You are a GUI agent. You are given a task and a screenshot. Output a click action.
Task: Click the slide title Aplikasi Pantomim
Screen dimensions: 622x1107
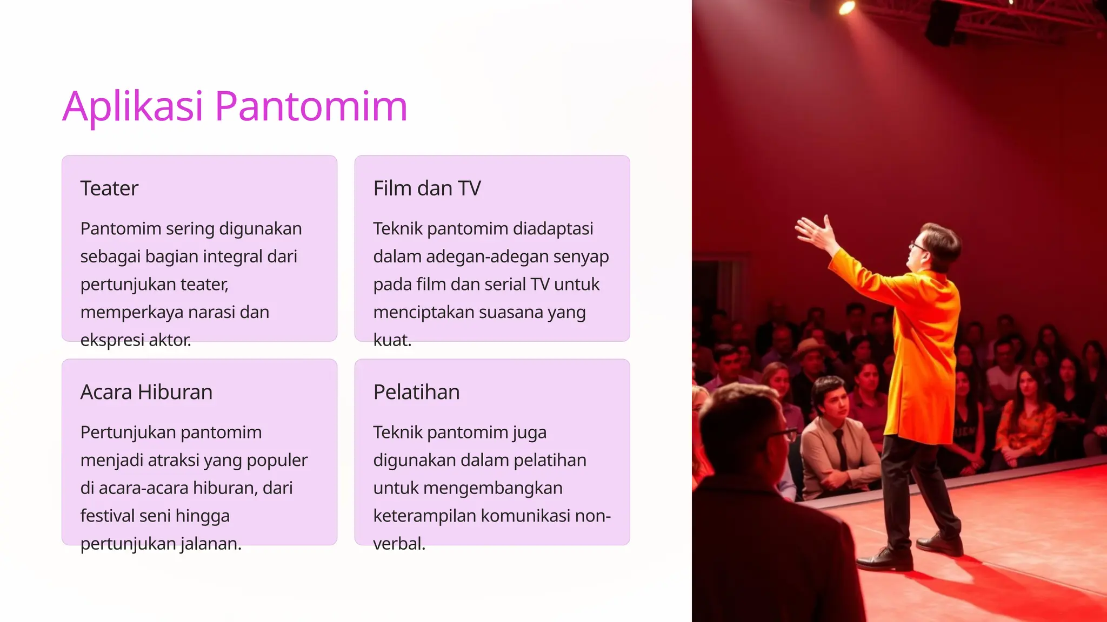click(235, 106)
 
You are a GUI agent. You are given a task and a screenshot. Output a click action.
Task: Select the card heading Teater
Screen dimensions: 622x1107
click(109, 188)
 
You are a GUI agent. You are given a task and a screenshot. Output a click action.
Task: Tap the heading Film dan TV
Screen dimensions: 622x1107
click(426, 188)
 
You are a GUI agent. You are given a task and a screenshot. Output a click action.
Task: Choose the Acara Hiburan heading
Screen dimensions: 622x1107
click(146, 392)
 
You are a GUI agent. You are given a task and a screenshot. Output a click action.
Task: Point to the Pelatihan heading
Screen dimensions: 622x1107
click(416, 392)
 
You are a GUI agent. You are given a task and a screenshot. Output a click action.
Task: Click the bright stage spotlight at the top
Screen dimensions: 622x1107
click(846, 7)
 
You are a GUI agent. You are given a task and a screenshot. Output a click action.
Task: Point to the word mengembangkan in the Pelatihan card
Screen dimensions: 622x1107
click(493, 488)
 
